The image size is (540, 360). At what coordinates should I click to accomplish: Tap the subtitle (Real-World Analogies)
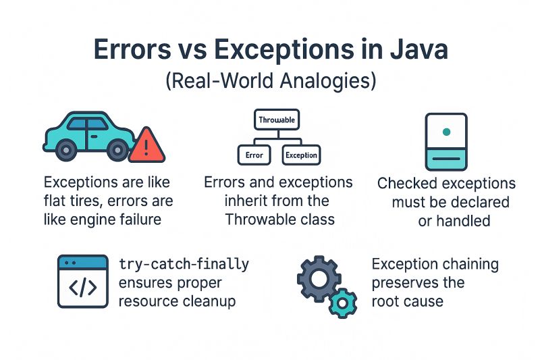[270, 82]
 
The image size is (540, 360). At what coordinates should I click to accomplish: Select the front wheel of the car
[119, 149]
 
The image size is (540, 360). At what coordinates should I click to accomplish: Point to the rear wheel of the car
[66, 149]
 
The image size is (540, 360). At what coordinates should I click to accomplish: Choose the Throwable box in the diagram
[277, 120]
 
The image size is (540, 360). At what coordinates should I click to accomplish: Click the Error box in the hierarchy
[254, 155]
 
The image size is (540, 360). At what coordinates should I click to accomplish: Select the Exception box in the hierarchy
[301, 155]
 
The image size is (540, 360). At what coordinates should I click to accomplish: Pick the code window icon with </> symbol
[82, 281]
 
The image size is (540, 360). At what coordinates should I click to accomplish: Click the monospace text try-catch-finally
[184, 263]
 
